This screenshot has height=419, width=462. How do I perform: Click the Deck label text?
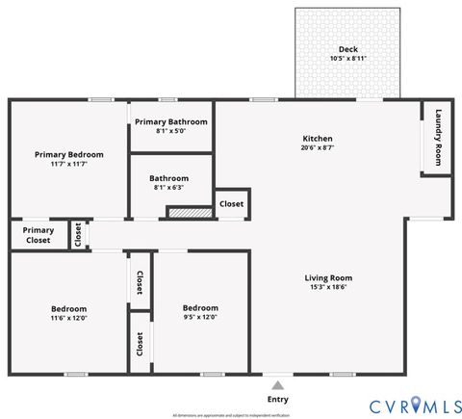click(x=347, y=49)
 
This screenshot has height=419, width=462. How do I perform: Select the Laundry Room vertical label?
click(x=438, y=136)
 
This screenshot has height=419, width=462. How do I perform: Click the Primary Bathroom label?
click(x=170, y=122)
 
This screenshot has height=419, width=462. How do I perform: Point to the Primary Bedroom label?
click(x=68, y=154)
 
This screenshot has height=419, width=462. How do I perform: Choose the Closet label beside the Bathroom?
click(x=231, y=204)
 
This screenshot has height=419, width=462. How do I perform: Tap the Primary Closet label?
click(x=38, y=235)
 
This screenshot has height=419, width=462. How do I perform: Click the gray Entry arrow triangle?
click(x=277, y=384)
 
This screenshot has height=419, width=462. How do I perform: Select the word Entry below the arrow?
click(x=277, y=399)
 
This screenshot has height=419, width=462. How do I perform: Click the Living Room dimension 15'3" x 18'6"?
click(x=328, y=287)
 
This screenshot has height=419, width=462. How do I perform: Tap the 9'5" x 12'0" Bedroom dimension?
click(x=200, y=318)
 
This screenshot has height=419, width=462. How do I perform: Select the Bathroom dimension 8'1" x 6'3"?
click(x=169, y=188)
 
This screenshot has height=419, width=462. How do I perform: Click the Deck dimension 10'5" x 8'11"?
click(x=347, y=59)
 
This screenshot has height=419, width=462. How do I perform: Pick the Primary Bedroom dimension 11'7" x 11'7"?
click(x=68, y=164)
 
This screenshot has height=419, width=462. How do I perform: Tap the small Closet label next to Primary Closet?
click(x=78, y=235)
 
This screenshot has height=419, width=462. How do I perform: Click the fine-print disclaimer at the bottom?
click(x=231, y=415)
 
